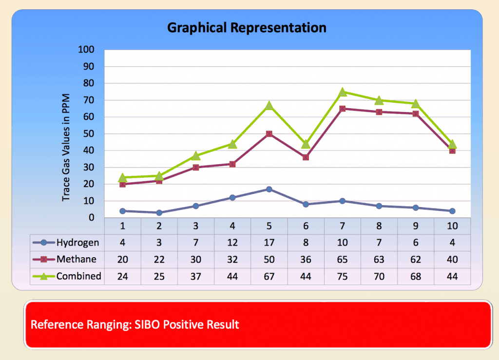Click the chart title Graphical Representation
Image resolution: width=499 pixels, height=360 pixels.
(x=247, y=28)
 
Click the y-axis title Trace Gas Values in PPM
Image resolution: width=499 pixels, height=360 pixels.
(x=66, y=147)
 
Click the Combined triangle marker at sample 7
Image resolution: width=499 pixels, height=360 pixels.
(x=342, y=92)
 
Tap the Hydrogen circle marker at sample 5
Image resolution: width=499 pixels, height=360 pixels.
(x=269, y=189)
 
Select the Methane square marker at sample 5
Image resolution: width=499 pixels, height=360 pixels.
(x=269, y=133)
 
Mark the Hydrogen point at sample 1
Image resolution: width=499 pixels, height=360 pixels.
(x=123, y=211)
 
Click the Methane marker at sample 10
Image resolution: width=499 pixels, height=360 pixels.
(x=452, y=151)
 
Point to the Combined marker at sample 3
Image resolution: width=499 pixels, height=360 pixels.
(x=196, y=156)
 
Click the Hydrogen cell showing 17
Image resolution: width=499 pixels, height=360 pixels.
(x=269, y=243)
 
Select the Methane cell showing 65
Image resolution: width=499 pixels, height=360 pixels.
(x=342, y=259)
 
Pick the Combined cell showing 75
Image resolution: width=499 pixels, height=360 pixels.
(x=342, y=276)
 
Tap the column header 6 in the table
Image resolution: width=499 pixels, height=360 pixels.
(x=306, y=227)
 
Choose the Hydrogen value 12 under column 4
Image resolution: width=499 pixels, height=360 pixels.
(x=232, y=243)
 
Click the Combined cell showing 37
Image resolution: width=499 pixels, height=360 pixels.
(x=196, y=276)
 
